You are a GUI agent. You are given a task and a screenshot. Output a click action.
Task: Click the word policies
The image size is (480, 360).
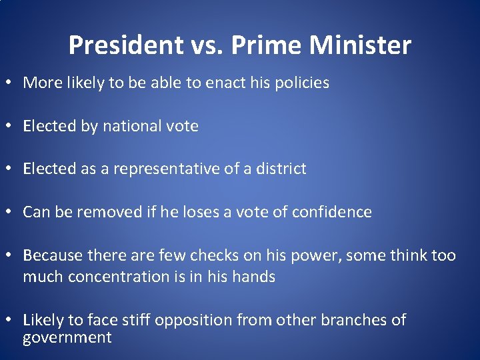[x=299, y=83]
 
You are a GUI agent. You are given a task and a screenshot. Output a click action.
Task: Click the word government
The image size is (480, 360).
[x=67, y=337]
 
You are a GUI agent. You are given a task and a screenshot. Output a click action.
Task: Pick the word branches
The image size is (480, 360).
[x=353, y=320]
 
